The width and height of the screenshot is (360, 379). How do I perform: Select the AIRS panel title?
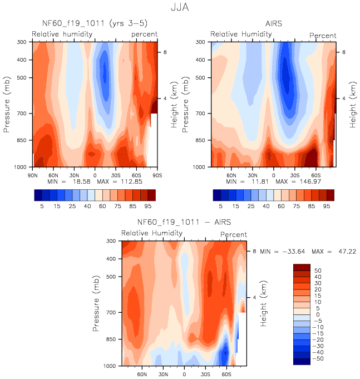pos(274,24)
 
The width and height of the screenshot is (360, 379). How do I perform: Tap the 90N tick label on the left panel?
pos(32,175)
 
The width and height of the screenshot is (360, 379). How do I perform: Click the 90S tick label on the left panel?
pos(157,175)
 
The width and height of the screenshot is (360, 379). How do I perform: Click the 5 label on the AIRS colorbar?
pos(220,206)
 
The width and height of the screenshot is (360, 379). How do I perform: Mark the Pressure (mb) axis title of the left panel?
pos(8,104)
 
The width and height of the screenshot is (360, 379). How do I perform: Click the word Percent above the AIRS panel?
pos(323,36)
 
